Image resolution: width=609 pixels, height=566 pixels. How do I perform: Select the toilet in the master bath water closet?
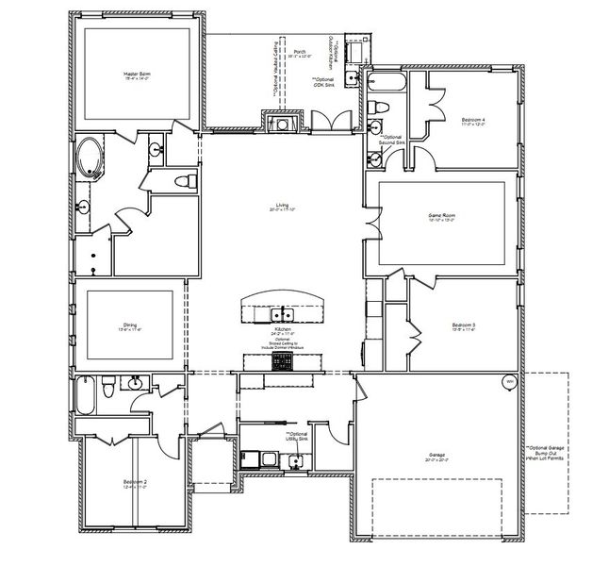[x=187, y=180]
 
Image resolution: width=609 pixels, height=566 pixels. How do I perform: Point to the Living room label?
[x=281, y=206]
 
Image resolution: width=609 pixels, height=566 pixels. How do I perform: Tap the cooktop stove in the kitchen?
[x=281, y=359]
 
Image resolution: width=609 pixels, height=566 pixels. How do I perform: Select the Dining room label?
[x=130, y=326]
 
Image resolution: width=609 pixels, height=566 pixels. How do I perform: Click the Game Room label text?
[x=442, y=218]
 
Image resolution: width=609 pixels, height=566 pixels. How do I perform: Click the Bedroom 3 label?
[x=463, y=327]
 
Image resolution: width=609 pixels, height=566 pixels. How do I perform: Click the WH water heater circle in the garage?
[x=509, y=382]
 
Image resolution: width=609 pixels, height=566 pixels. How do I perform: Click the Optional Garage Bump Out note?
[x=546, y=454]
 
